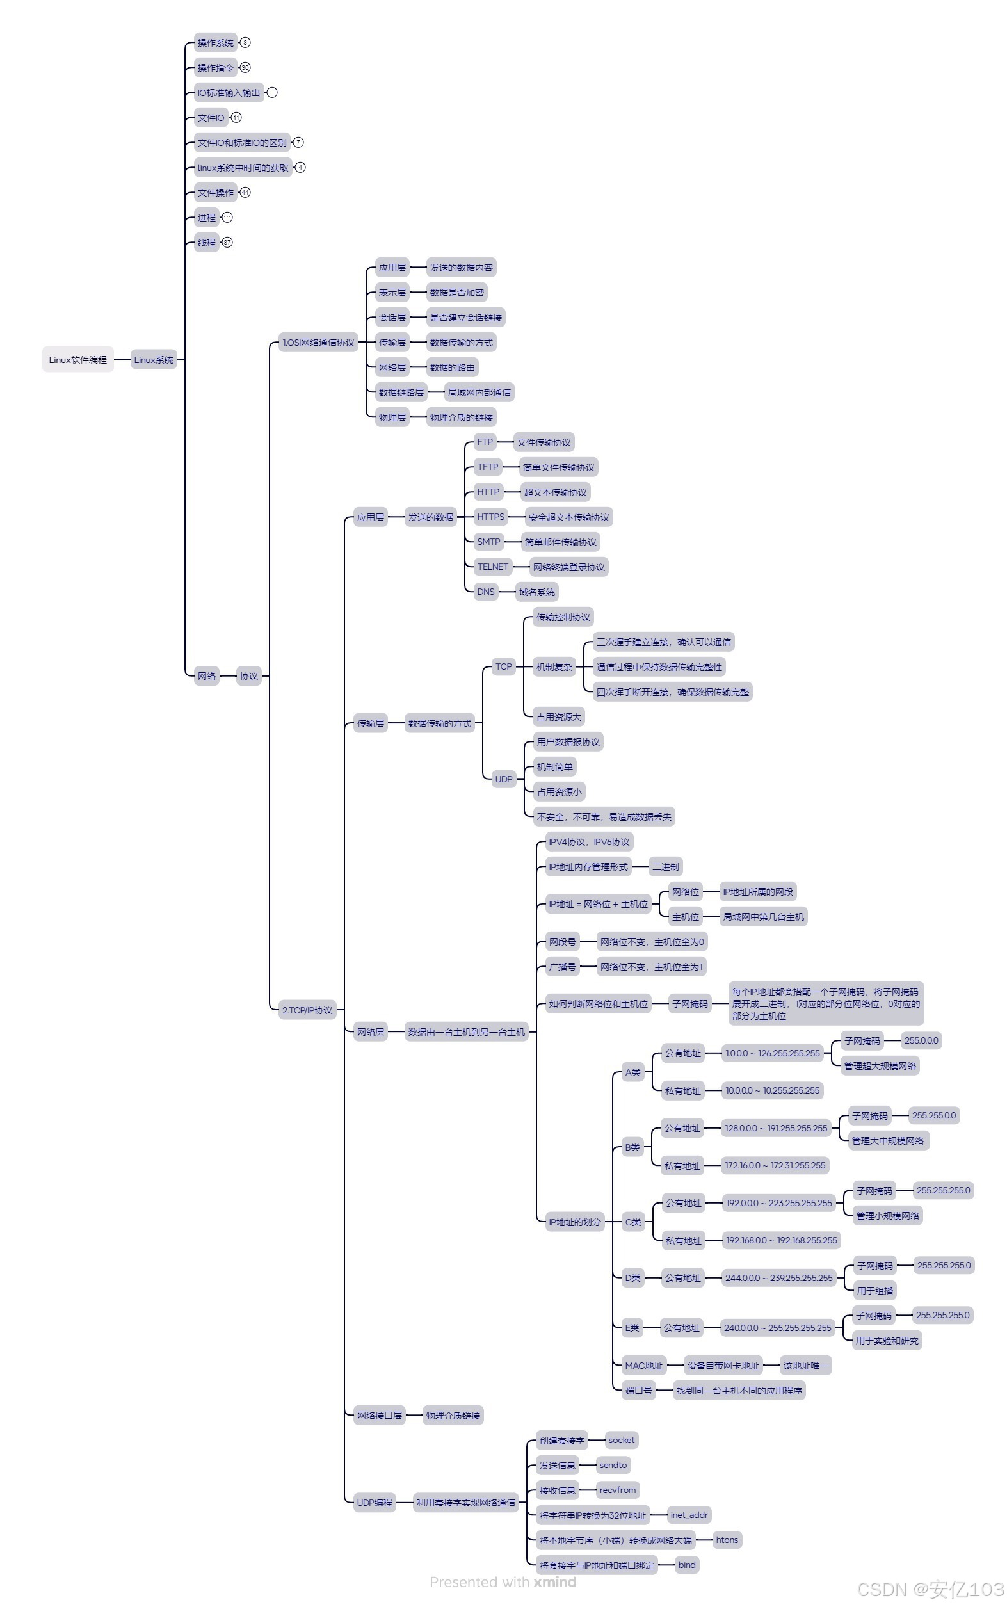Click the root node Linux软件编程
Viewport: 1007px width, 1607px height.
[78, 360]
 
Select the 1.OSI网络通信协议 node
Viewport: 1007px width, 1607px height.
[318, 343]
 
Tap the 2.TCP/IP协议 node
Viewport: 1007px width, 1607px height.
[307, 1010]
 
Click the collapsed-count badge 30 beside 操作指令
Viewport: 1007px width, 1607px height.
[245, 67]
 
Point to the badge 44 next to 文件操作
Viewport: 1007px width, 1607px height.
[245, 193]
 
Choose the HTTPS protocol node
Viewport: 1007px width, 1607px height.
[491, 517]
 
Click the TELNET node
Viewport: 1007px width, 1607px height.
[493, 567]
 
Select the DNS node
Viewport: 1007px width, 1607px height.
[485, 592]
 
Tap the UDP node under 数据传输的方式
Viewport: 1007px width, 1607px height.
[503, 779]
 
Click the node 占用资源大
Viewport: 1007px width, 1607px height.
[559, 716]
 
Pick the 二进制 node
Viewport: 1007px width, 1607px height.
[665, 866]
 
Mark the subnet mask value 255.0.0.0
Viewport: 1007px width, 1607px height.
[921, 1040]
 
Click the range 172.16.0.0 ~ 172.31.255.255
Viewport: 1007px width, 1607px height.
[775, 1165]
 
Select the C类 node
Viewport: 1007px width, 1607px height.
[632, 1222]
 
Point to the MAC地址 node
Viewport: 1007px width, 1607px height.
[643, 1365]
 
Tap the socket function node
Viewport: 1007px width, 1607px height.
[622, 1440]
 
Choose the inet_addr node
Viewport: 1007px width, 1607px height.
[689, 1515]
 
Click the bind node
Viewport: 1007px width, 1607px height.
[687, 1565]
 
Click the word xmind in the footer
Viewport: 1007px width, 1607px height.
[555, 1581]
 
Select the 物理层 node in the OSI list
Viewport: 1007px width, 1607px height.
[392, 417]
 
